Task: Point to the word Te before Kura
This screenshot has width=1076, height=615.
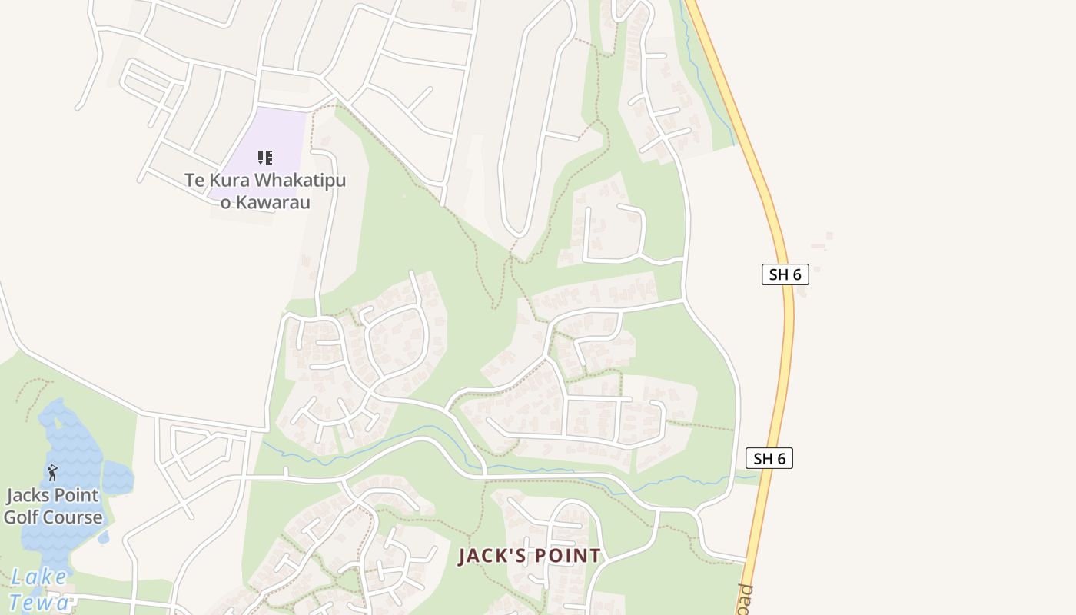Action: point(194,181)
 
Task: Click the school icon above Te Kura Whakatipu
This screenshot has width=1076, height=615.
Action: point(265,158)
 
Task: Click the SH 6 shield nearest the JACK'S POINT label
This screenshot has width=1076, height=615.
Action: point(769,459)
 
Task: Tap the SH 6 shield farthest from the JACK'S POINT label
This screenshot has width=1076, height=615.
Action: point(785,274)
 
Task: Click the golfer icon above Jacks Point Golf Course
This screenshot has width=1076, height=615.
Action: point(52,472)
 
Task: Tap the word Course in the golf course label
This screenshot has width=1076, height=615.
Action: point(73,517)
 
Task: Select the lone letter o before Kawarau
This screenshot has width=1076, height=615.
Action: point(226,203)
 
